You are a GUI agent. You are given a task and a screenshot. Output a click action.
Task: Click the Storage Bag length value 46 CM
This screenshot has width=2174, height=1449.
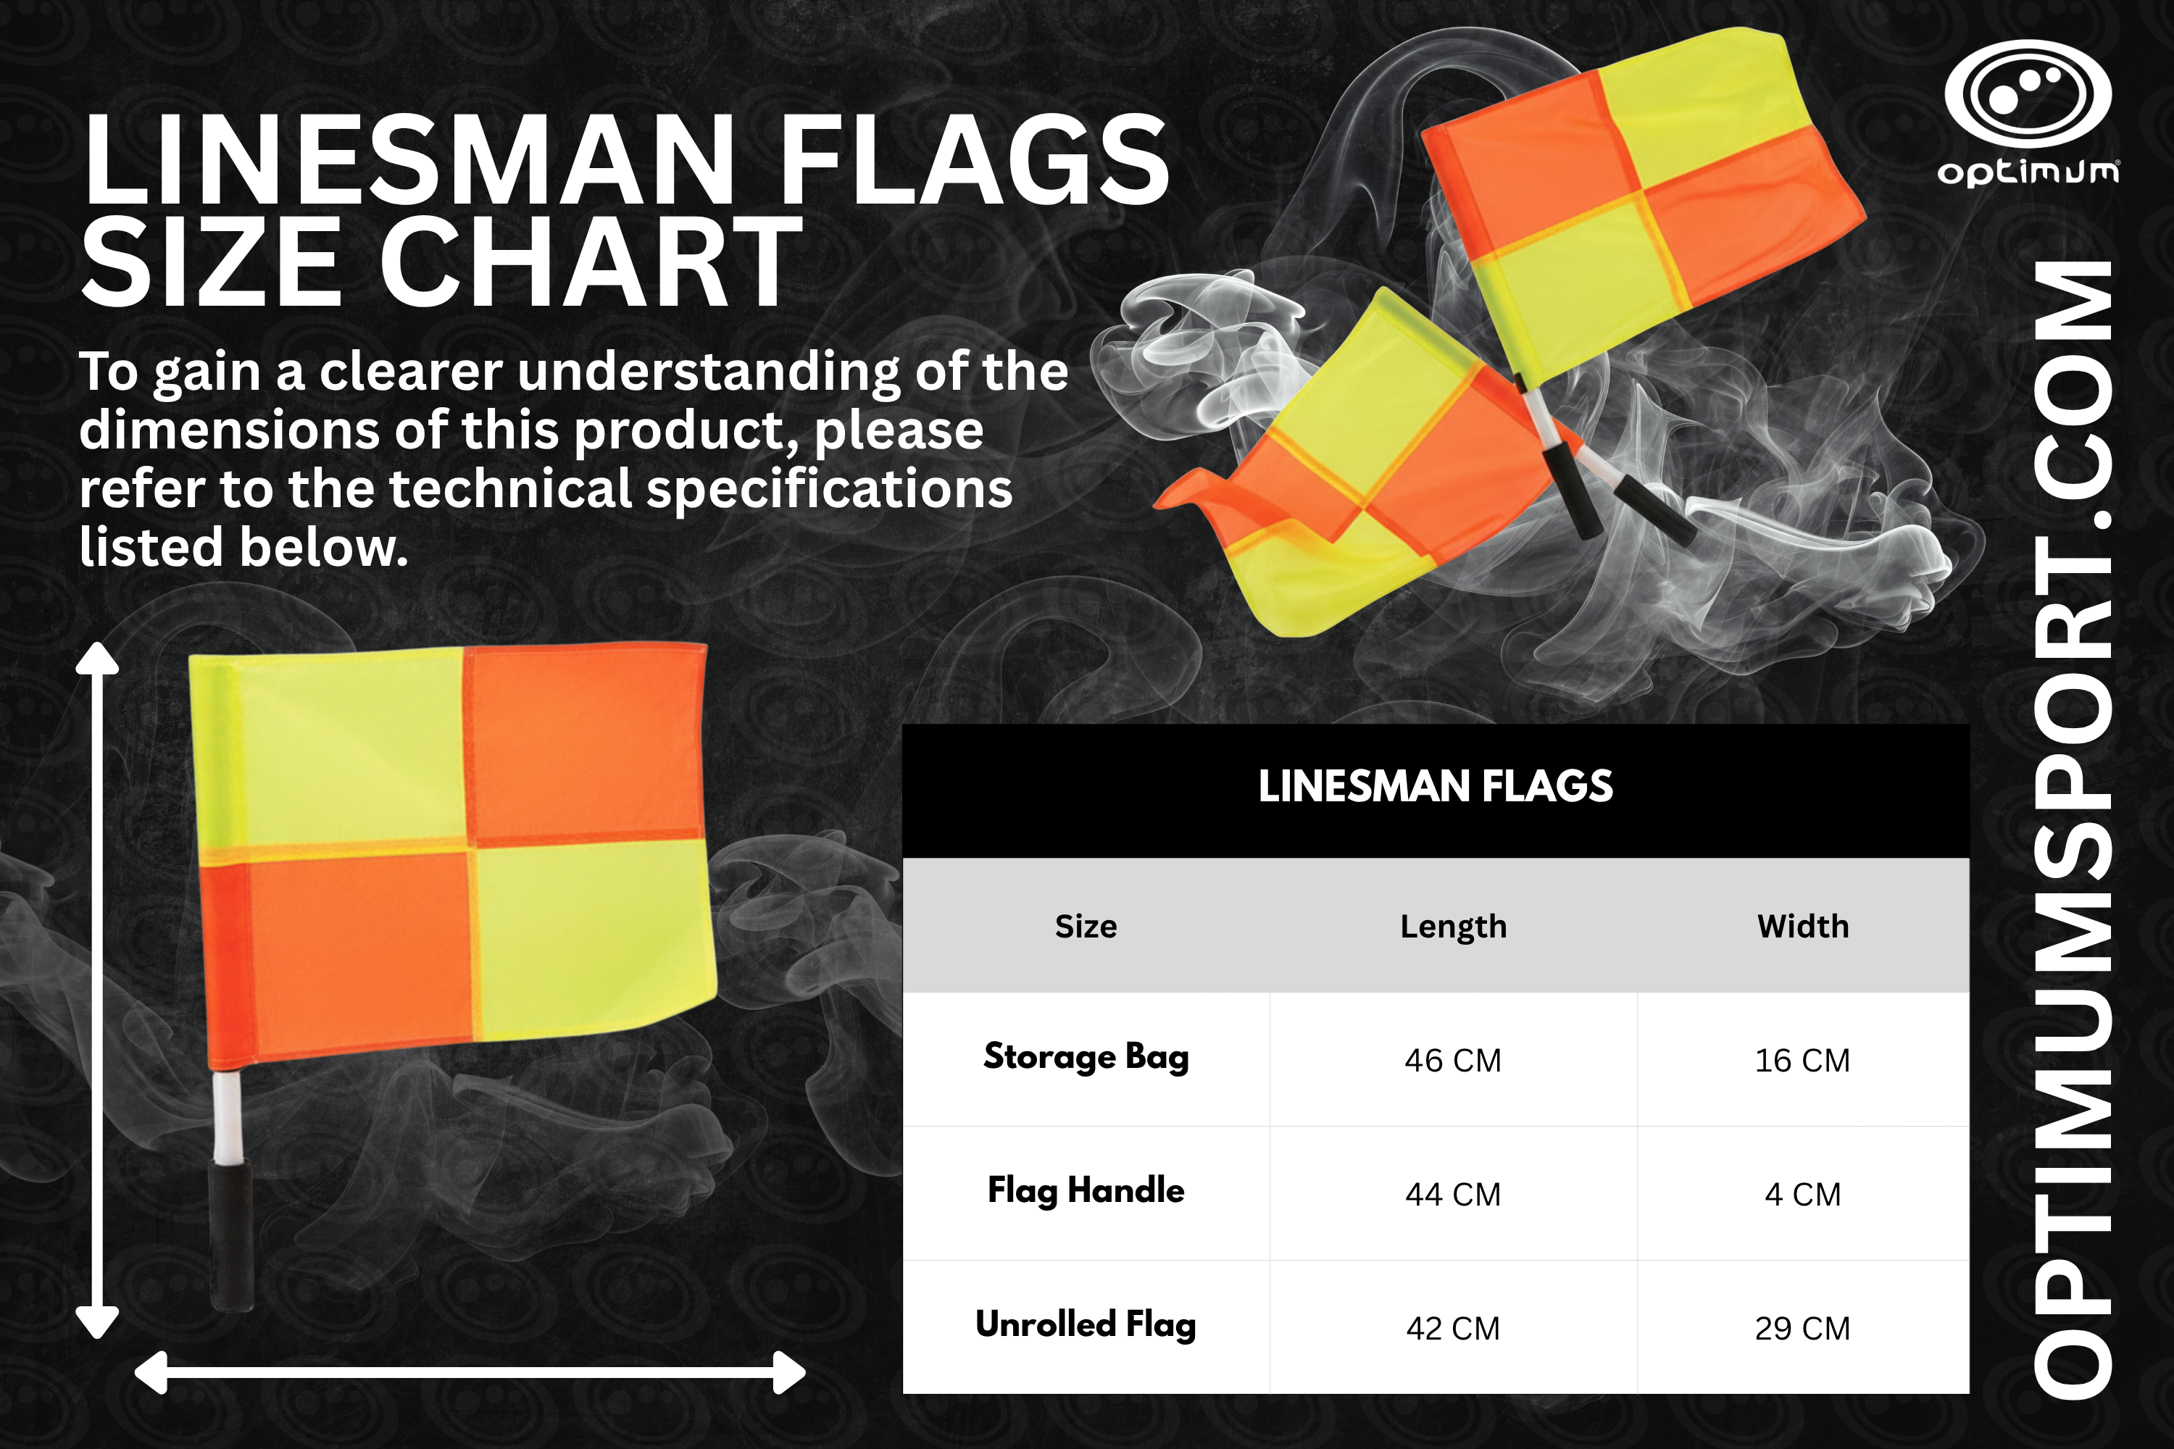tap(1452, 1060)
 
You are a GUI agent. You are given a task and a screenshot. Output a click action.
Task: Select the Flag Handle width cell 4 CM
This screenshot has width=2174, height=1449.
tap(1802, 1194)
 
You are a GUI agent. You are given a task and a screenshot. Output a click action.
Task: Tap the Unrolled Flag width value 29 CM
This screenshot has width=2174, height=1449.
tap(1802, 1328)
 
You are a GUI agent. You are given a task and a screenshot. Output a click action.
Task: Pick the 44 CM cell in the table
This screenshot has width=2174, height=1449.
tap(1452, 1194)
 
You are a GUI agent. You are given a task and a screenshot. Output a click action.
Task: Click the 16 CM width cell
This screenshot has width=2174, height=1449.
tap(1802, 1060)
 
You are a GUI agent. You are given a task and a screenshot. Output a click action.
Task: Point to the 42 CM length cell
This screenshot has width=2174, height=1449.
tap(1452, 1328)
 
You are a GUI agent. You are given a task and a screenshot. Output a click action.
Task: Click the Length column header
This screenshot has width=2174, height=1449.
tap(1453, 927)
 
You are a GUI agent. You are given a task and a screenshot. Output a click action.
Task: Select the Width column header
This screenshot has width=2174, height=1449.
tap(1802, 926)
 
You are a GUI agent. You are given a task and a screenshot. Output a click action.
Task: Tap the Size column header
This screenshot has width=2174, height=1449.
tap(1086, 926)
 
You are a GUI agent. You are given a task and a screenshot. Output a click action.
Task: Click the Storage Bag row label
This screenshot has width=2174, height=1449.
tap(1086, 1057)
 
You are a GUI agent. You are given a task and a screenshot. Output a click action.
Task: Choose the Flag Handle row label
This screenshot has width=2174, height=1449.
tap(1086, 1191)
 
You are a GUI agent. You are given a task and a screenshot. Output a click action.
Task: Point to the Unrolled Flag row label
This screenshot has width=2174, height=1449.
tap(1086, 1325)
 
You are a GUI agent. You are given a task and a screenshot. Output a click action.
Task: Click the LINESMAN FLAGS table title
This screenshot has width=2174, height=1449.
tap(1436, 786)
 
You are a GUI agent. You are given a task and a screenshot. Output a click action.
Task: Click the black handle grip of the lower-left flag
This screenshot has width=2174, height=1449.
tap(231, 1235)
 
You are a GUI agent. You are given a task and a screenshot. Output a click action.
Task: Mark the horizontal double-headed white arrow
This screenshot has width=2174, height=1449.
tap(470, 1372)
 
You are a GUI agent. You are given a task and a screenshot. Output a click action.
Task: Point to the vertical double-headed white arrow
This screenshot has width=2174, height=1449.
tap(97, 990)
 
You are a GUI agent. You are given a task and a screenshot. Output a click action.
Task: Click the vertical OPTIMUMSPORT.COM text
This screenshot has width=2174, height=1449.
tap(2073, 829)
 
